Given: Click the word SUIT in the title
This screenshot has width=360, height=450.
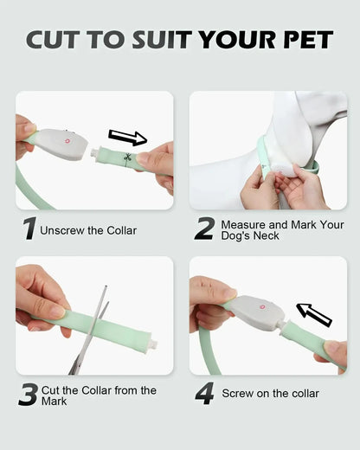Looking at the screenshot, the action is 162,39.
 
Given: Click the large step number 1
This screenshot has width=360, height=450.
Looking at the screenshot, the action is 29,228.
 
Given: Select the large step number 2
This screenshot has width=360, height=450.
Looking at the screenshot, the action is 205,228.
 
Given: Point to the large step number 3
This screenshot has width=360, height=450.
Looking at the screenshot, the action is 28,395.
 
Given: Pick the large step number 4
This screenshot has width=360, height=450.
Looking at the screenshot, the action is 204,393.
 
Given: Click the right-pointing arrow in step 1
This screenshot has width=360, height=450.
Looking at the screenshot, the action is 128,138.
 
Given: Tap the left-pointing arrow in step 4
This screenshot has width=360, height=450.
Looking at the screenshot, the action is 314,315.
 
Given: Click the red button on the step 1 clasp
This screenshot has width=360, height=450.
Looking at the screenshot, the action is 67,141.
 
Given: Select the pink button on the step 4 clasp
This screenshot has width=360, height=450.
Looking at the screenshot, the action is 262,307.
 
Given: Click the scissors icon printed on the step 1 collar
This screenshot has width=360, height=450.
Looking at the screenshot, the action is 127,157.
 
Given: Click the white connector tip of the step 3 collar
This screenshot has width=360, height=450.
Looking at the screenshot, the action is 154,344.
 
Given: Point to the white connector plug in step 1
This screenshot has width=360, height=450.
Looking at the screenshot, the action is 94,152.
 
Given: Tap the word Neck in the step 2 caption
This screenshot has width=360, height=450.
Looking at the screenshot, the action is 267,235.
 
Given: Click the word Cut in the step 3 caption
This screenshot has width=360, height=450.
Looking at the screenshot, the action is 50,390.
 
